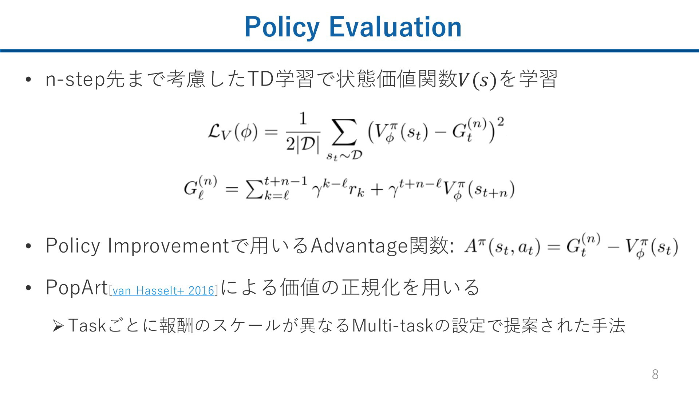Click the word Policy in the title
click(x=282, y=27)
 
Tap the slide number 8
click(x=655, y=374)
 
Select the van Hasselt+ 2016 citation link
click(x=163, y=290)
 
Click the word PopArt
click(x=77, y=287)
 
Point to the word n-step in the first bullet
click(x=75, y=80)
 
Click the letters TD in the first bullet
click(x=260, y=79)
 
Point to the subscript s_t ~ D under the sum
click(x=344, y=156)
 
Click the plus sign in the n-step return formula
click(x=377, y=190)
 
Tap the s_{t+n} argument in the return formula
click(x=491, y=190)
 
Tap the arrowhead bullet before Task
click(x=58, y=326)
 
